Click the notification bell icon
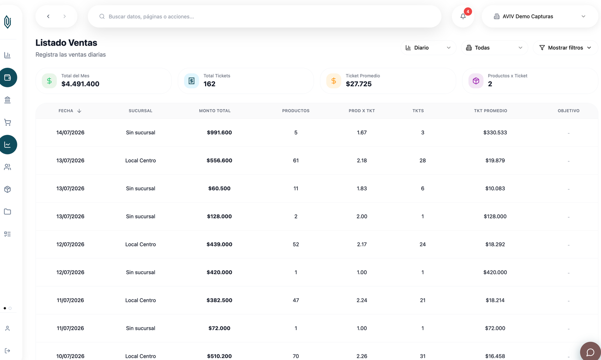tap(463, 16)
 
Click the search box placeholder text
tap(151, 17)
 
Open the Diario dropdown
tap(428, 47)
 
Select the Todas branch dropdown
tap(494, 47)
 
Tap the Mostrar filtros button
tap(565, 47)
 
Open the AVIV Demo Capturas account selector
tap(540, 16)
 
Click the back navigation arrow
tap(48, 16)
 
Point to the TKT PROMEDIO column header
tap(491, 111)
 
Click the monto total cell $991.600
tap(219, 132)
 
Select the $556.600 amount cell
tap(219, 160)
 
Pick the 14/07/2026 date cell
tap(70, 132)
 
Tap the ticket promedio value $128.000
tap(495, 216)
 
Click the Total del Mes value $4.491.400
tap(80, 84)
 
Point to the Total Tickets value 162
tap(209, 84)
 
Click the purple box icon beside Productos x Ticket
tap(476, 81)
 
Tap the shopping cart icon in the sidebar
tap(8, 122)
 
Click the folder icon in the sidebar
tap(8, 212)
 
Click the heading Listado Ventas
tap(66, 42)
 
